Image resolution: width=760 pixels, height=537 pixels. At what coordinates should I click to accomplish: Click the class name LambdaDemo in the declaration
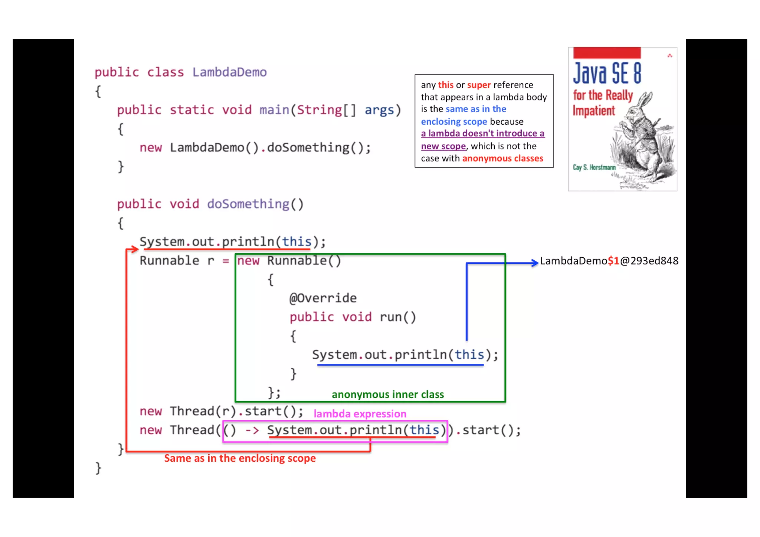coord(229,72)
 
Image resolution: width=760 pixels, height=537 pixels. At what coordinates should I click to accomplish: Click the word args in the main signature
coord(379,110)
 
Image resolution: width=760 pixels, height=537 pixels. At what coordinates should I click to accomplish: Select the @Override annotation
coord(323,298)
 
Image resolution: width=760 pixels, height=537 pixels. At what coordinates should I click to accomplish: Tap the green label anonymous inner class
coord(387,395)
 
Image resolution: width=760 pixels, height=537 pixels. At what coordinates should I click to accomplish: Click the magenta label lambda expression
coord(360,414)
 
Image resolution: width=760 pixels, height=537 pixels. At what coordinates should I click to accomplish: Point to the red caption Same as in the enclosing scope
coord(240,458)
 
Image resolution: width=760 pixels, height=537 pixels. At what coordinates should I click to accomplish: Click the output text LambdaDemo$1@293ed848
coord(609,261)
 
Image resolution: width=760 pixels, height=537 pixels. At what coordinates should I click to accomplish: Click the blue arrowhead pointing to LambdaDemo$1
coord(535,263)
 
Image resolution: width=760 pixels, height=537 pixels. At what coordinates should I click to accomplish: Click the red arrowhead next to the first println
coord(134,249)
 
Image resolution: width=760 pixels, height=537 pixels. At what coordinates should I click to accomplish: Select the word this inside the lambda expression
coord(424,430)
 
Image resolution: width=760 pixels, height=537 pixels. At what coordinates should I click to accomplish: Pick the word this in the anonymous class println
coord(469,355)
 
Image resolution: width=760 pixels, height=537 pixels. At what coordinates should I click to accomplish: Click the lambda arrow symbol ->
coord(252,431)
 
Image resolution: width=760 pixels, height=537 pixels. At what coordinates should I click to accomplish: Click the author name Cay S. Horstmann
coord(594,168)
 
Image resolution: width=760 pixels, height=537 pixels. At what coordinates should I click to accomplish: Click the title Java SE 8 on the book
coord(607,73)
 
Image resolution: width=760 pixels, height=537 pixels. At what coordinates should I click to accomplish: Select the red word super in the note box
coord(479,85)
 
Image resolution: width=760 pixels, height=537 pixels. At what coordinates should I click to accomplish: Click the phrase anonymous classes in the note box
coord(502,159)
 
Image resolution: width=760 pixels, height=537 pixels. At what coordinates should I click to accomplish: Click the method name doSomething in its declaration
coord(248,204)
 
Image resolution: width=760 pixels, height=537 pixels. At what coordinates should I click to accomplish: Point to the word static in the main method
coord(191,110)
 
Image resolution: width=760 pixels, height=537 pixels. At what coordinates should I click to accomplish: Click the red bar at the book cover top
coord(607,53)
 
